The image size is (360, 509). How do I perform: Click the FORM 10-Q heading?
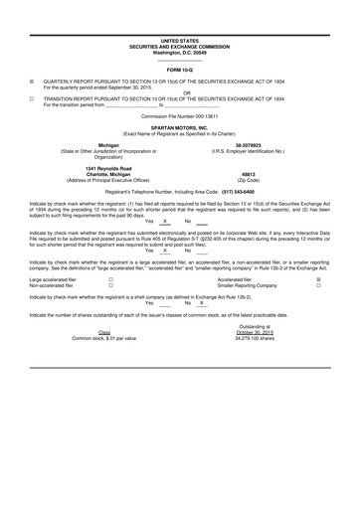(179, 71)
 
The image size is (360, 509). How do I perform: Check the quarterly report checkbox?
(31, 84)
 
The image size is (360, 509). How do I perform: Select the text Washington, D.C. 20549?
(179, 51)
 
